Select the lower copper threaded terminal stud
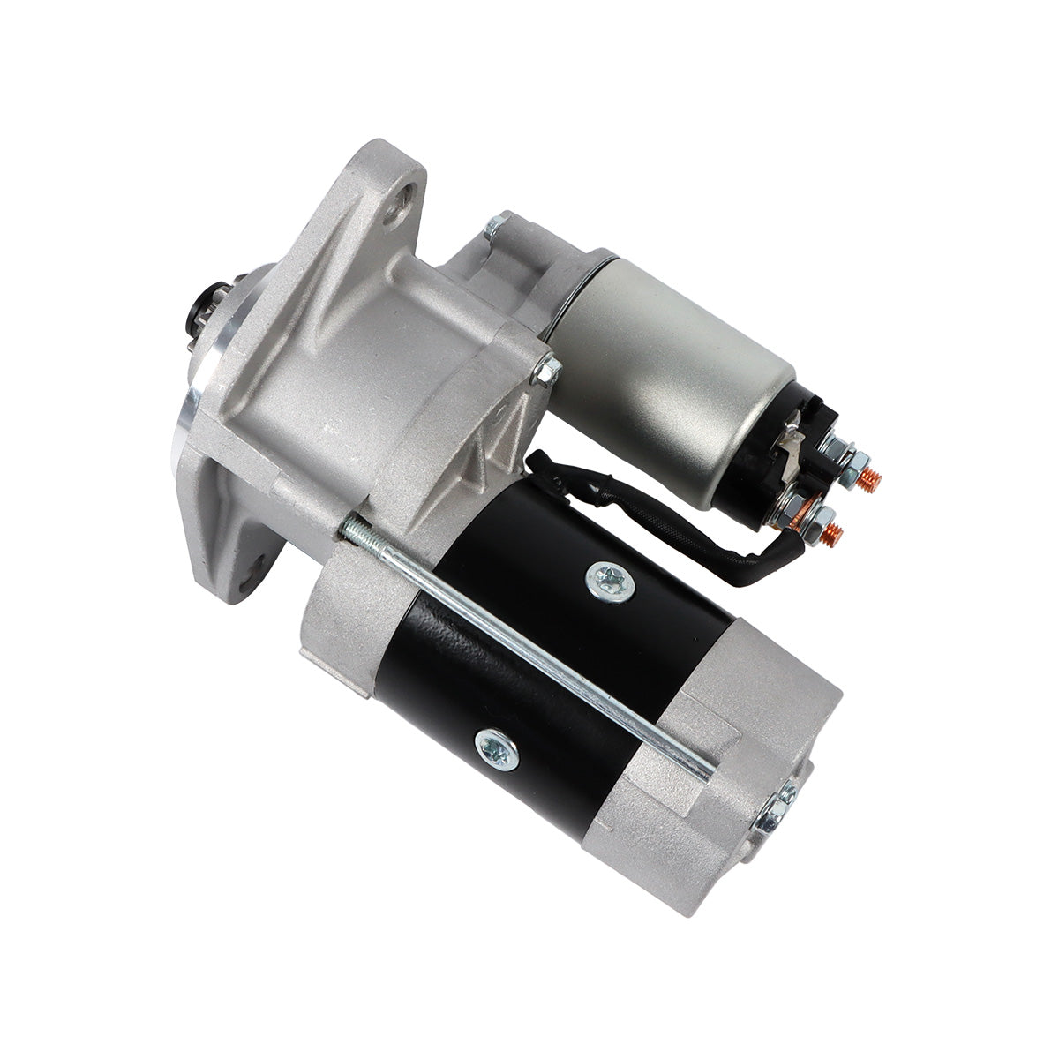click(x=832, y=533)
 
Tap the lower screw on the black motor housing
click(x=490, y=747)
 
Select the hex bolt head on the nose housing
click(x=545, y=372)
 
